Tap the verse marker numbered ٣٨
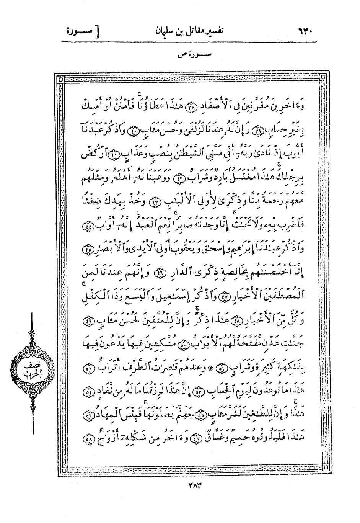click(x=190, y=108)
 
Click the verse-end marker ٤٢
click(x=179, y=178)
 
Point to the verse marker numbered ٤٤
click(x=89, y=227)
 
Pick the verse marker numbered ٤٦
click(x=158, y=273)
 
